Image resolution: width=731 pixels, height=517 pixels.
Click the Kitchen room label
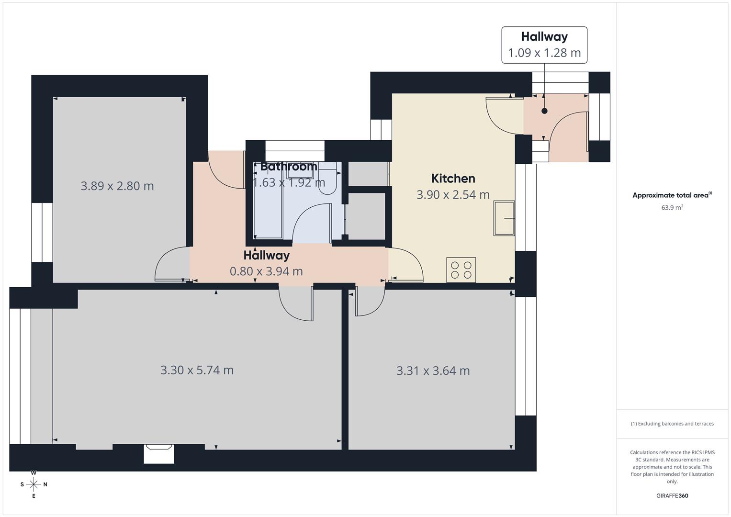coord(453,179)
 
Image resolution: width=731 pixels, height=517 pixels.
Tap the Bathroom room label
coord(289,167)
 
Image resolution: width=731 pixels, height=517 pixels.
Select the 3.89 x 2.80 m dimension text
coord(117,186)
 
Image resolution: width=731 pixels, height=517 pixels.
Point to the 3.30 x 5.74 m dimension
coord(197,370)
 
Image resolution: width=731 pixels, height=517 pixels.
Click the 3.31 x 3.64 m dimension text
coord(433,371)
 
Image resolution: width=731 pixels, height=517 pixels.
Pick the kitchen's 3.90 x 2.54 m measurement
coord(453,195)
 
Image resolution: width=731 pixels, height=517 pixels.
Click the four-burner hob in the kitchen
coord(461,270)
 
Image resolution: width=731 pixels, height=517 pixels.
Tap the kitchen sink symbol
coord(504,218)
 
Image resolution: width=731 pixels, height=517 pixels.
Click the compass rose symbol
coord(34,484)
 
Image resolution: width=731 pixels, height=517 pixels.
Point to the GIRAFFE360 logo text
coord(672,495)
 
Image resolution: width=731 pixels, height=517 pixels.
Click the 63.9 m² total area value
coord(672,208)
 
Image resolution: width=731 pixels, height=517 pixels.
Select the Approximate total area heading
coord(672,195)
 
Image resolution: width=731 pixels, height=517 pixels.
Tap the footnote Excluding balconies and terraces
coord(672,424)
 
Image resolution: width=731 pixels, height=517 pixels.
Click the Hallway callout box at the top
coord(544,45)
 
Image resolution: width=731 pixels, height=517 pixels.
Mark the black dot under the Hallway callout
coord(544,111)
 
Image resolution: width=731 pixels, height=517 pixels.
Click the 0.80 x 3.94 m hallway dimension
coord(266,271)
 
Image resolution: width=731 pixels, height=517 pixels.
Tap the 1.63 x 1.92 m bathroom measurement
coord(289,182)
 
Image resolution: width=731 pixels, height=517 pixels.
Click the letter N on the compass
coord(45,484)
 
